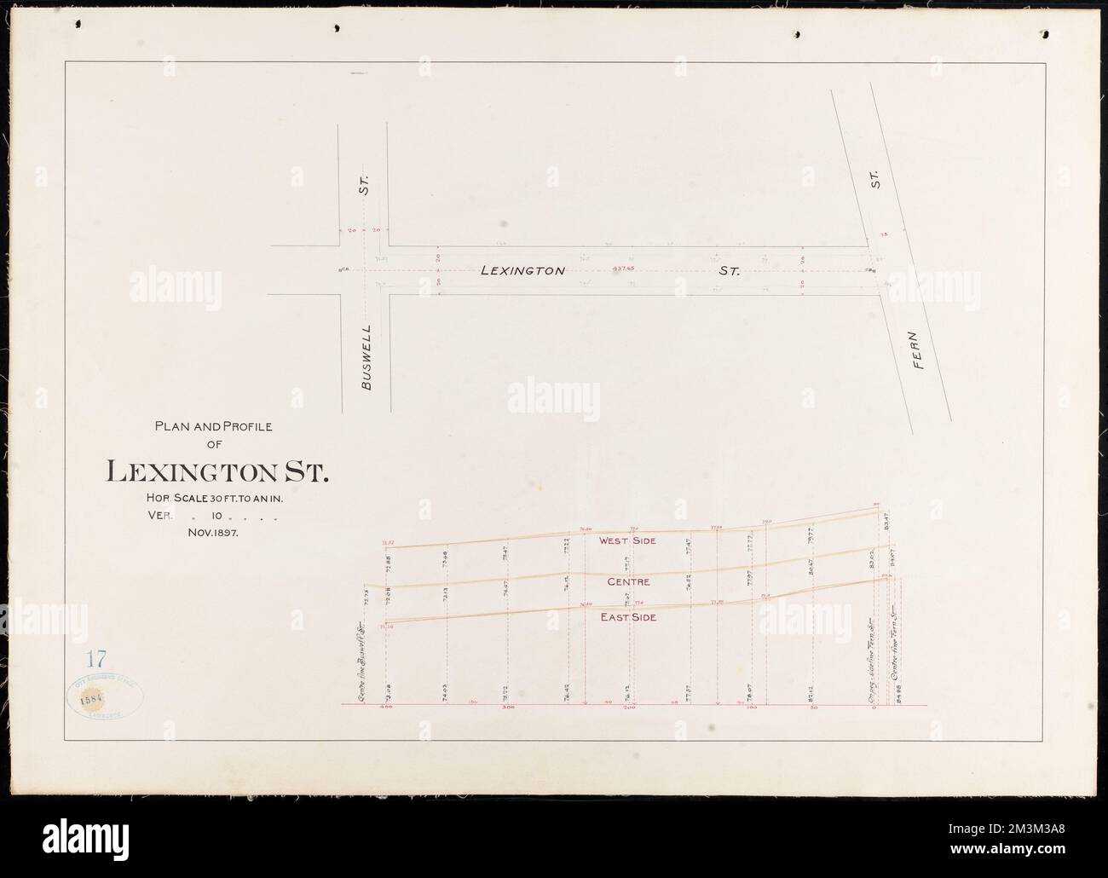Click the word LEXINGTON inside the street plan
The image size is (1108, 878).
click(x=522, y=271)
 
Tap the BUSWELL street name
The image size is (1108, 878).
click(x=367, y=357)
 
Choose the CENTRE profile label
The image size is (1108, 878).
click(x=629, y=581)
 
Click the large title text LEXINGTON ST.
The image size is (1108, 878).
click(x=216, y=471)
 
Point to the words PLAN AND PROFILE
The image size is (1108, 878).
click(x=213, y=427)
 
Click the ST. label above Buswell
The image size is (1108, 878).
click(x=363, y=184)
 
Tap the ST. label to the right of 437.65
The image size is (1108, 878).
click(x=729, y=271)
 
